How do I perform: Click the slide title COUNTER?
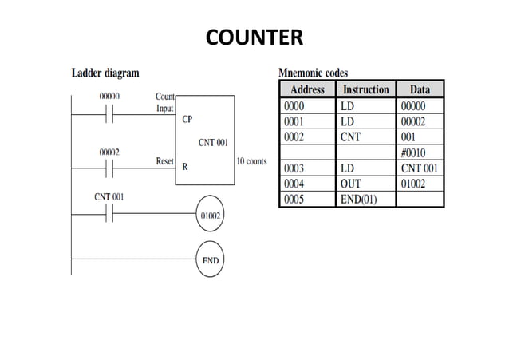[x=254, y=38]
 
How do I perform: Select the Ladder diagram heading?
[x=105, y=73]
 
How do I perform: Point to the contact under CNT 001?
[x=109, y=213]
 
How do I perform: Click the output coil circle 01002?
[x=211, y=214]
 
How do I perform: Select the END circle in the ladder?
[x=211, y=260]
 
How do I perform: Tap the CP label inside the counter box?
[x=187, y=120]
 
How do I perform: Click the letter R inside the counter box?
[x=185, y=167]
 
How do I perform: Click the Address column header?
[x=307, y=89]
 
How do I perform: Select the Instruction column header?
[x=365, y=89]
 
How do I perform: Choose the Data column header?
[x=420, y=89]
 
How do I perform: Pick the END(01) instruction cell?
[x=358, y=200]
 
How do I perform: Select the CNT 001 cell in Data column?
[x=420, y=169]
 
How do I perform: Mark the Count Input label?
[x=164, y=101]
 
